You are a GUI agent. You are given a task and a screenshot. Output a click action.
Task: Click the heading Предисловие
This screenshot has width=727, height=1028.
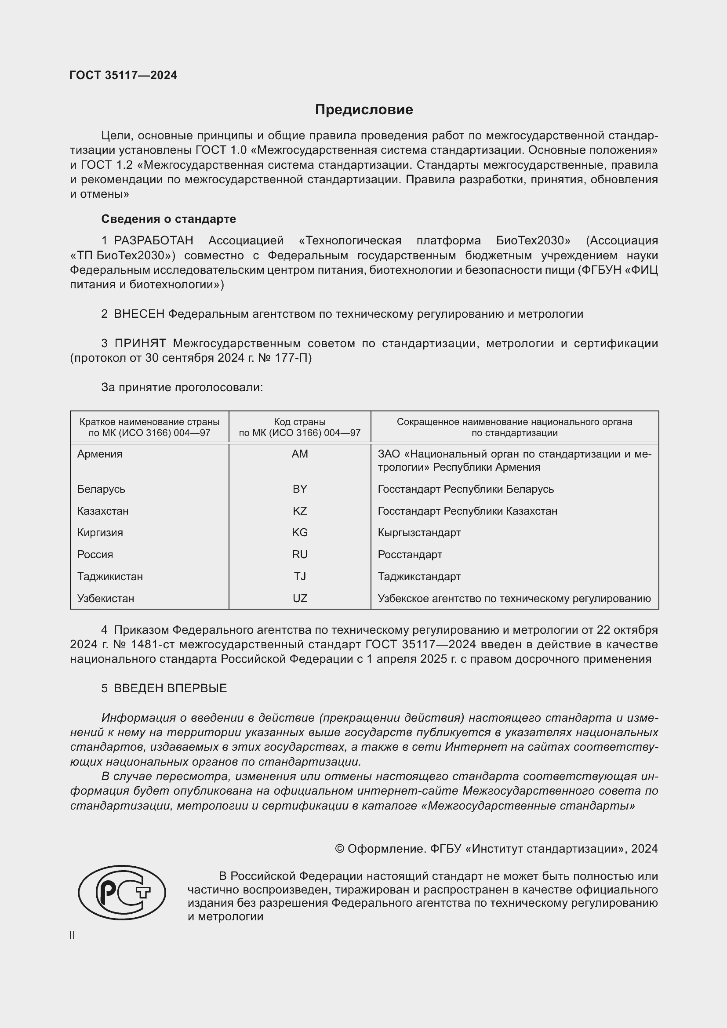(x=363, y=110)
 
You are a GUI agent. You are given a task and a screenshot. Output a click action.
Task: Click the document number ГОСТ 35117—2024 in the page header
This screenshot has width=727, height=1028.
(x=123, y=75)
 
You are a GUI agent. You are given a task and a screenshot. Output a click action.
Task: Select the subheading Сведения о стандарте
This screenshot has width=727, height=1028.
(x=168, y=219)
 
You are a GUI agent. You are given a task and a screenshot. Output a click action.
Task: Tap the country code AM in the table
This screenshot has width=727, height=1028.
(x=299, y=454)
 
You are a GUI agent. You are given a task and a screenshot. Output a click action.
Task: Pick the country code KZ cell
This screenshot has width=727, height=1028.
(x=299, y=511)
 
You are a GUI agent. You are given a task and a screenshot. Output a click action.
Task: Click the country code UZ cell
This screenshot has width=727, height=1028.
(x=299, y=598)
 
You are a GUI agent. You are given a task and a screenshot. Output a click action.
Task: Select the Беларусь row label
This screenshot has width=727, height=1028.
(x=101, y=489)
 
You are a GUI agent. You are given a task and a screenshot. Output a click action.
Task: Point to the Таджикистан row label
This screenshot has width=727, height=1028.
(x=110, y=576)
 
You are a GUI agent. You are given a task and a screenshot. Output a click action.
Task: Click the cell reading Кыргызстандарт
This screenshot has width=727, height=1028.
(x=419, y=533)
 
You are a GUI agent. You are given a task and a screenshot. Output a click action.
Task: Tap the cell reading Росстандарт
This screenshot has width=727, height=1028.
(x=410, y=554)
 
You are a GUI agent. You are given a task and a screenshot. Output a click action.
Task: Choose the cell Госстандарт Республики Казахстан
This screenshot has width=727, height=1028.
(x=467, y=511)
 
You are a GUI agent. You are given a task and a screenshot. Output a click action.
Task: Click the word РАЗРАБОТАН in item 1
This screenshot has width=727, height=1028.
(x=153, y=241)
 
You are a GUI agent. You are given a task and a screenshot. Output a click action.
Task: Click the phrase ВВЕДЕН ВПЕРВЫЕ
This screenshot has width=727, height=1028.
(x=170, y=688)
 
